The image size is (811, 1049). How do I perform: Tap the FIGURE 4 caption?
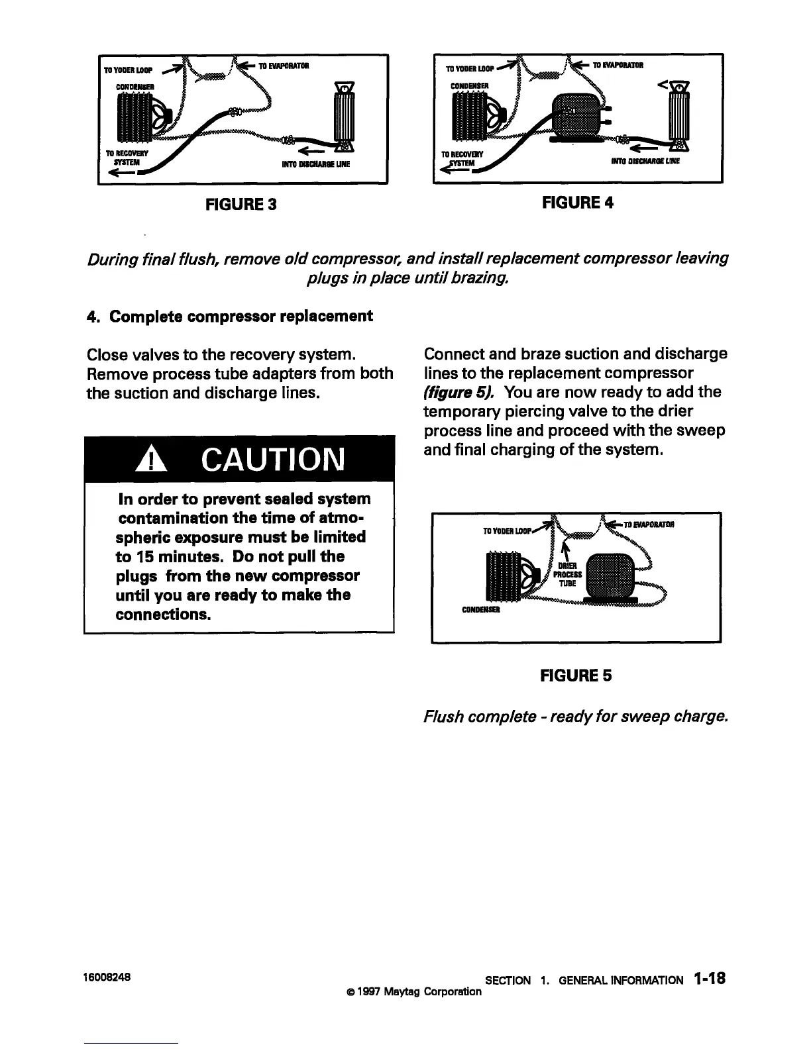(577, 203)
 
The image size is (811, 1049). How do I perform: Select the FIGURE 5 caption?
(576, 675)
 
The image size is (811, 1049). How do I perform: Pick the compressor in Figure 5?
(611, 575)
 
